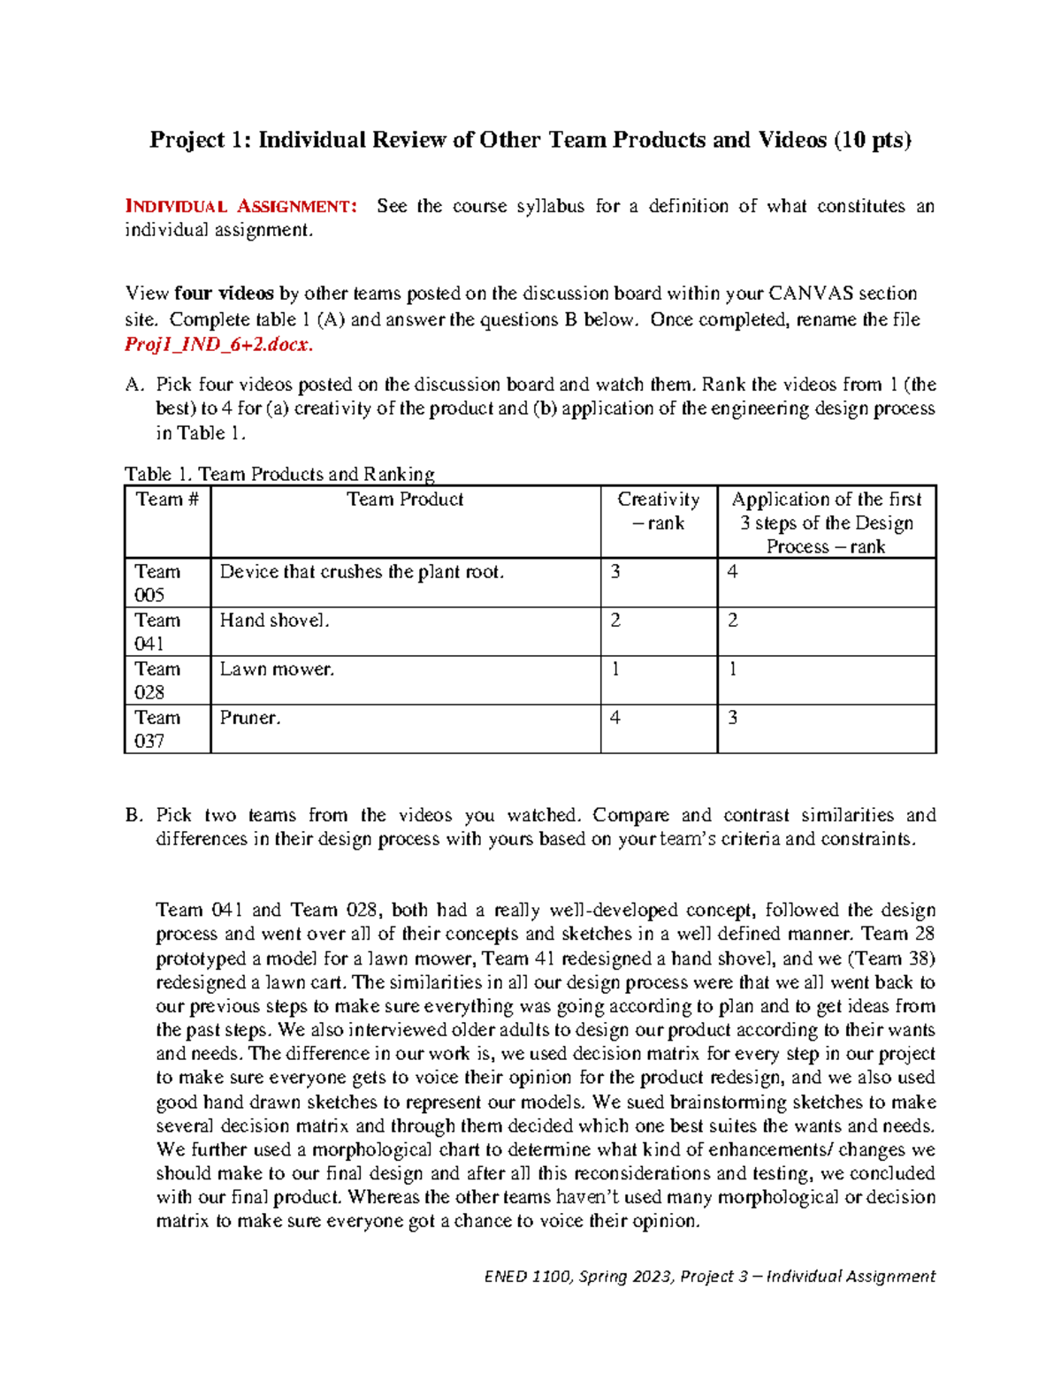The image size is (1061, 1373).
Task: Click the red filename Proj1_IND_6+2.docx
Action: click(218, 345)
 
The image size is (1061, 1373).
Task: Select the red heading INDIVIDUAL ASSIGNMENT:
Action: click(241, 207)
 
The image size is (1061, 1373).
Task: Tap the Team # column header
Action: click(167, 500)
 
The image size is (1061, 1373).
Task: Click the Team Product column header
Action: click(405, 500)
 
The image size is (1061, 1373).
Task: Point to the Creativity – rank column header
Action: click(658, 511)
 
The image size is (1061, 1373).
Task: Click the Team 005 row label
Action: click(157, 583)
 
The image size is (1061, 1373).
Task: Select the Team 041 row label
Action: click(157, 631)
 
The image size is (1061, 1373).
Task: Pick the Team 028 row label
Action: click(157, 680)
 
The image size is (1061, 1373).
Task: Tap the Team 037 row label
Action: click(157, 728)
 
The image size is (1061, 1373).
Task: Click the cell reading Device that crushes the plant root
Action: click(362, 572)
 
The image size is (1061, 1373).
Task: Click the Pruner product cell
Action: click(250, 718)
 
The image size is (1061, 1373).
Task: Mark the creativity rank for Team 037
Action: click(615, 718)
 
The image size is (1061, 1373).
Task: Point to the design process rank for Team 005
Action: click(732, 572)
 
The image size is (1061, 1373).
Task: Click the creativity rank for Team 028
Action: click(615, 669)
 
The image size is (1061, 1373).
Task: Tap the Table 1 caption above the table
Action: click(279, 474)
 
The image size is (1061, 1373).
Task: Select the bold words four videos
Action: click(224, 294)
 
